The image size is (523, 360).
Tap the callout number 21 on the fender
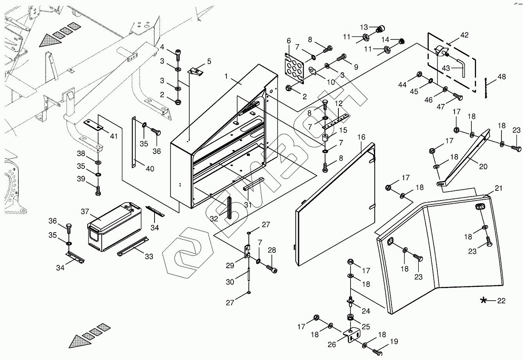tap(498, 188)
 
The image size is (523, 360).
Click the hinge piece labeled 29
tap(247, 252)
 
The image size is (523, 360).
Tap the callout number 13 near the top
tap(364, 27)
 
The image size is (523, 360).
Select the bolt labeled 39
tap(98, 191)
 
